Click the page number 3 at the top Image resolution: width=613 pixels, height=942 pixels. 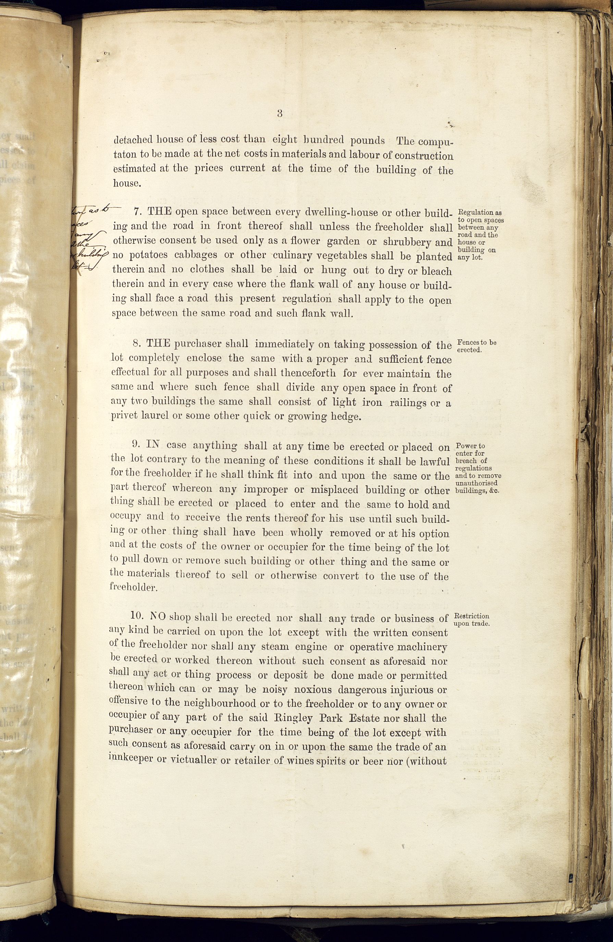pos(280,114)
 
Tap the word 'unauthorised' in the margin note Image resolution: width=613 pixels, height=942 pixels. pos(476,483)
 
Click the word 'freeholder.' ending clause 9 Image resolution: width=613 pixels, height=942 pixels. pos(133,588)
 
